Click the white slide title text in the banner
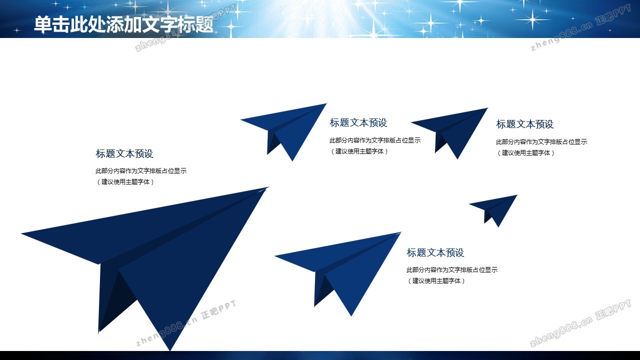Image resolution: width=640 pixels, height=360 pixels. tap(123, 24)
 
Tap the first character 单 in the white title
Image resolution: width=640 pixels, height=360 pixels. tap(43, 24)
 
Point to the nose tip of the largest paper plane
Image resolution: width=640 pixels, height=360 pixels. tap(268, 187)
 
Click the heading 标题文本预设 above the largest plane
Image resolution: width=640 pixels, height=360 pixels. tap(124, 153)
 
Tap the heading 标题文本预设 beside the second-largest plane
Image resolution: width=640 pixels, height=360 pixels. tap(435, 252)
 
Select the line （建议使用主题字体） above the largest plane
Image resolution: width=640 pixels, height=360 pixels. tap(124, 181)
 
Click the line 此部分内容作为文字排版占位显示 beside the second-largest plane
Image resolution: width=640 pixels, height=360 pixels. tap(452, 269)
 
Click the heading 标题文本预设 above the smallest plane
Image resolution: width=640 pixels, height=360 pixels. tap(525, 124)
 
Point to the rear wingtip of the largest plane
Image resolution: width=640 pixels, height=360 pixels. tap(21, 233)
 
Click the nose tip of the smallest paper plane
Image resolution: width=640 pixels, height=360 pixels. tap(517, 195)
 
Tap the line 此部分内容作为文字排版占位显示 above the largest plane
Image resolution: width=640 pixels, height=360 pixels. tap(141, 171)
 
